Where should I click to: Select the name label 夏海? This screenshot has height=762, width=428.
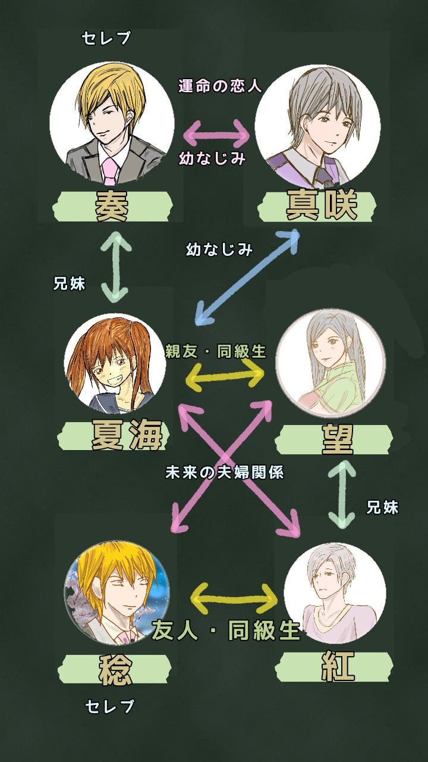pyautogui.click(x=127, y=436)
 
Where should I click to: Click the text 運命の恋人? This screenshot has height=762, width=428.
pyautogui.click(x=220, y=86)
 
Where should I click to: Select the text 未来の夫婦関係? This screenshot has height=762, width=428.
pyautogui.click(x=224, y=473)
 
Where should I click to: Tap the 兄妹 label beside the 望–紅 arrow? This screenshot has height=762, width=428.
pyautogui.click(x=382, y=507)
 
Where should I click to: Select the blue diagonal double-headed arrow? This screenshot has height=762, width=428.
pyautogui.click(x=247, y=277)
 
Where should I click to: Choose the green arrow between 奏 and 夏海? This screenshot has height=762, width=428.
pyautogui.click(x=115, y=267)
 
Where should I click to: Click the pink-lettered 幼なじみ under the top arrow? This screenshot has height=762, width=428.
pyautogui.click(x=212, y=159)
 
